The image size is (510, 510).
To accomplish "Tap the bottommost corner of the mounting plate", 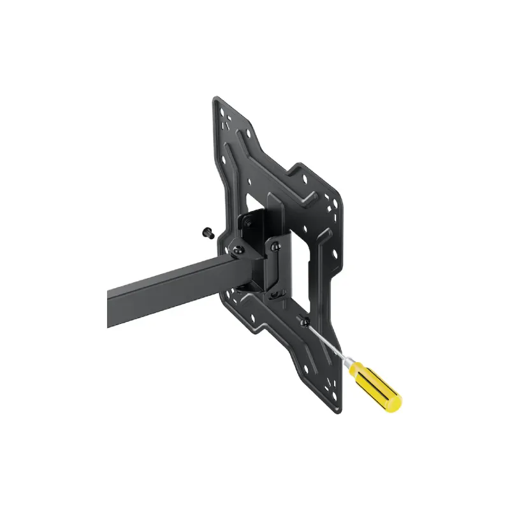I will click(336, 414).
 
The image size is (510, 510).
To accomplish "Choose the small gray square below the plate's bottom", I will click(336, 417).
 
